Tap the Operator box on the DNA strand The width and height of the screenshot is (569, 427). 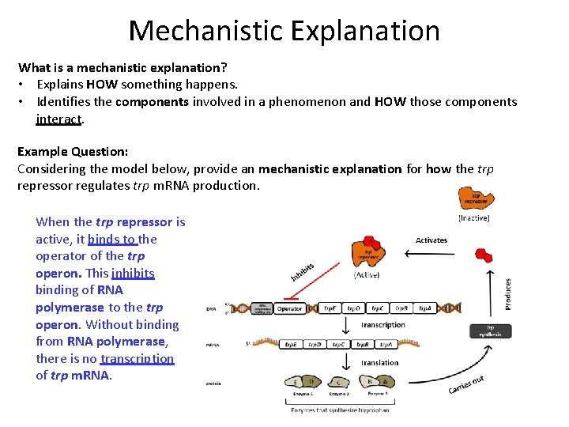click(290, 308)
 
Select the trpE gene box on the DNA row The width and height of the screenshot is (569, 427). click(332, 308)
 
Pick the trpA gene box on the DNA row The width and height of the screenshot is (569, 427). click(425, 308)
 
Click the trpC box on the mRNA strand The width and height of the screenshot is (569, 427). click(339, 345)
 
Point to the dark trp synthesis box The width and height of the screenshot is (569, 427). click(494, 331)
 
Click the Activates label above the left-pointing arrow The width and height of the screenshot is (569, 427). click(431, 240)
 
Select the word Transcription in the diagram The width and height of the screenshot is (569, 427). click(384, 325)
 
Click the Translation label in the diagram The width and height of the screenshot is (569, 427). click(380, 362)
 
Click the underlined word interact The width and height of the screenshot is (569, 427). click(58, 119)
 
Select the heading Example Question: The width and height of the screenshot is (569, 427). click(73, 151)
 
